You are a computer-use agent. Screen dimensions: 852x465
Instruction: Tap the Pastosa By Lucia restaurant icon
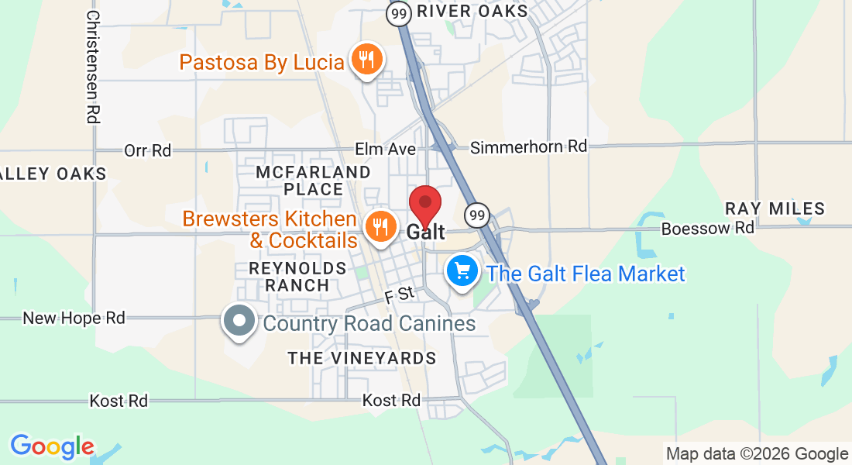[365, 60]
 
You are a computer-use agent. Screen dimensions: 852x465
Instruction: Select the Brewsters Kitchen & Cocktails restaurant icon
[380, 226]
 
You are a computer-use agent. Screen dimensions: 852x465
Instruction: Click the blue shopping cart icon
[462, 271]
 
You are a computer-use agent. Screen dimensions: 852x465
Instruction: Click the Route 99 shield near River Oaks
[399, 13]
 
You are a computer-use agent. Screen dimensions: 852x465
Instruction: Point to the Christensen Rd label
[93, 67]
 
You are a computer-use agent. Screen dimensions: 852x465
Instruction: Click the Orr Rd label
[148, 150]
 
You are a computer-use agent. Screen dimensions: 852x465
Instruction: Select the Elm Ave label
[385, 149]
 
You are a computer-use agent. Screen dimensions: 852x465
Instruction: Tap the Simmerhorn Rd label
[529, 146]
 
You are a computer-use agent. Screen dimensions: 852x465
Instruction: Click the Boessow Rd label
[707, 229]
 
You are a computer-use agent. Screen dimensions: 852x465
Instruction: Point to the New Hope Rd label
[74, 318]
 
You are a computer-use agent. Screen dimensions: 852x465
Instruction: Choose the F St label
[400, 294]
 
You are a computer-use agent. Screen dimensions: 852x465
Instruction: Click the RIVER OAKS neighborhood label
[472, 12]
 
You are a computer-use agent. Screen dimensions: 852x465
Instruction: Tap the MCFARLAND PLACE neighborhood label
[314, 180]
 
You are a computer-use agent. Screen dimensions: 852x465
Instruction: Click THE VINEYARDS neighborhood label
[362, 358]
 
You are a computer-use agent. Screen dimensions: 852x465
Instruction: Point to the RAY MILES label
[775, 208]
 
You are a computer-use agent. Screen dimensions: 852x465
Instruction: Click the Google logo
[52, 446]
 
